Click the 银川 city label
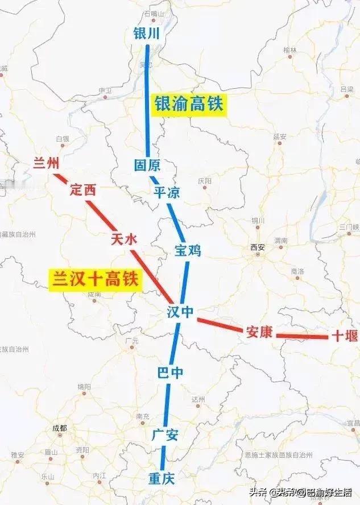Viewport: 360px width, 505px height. pyautogui.click(x=146, y=34)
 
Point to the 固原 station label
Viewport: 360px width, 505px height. pyautogui.click(x=147, y=165)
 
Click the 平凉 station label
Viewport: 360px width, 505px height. pyautogui.click(x=167, y=192)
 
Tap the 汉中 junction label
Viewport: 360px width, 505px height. pyautogui.click(x=180, y=311)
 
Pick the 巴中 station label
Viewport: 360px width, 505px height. pyautogui.click(x=170, y=372)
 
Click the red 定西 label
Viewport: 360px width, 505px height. pyautogui.click(x=82, y=191)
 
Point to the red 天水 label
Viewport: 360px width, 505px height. pyautogui.click(x=124, y=239)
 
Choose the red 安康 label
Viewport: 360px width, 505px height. pyautogui.click(x=259, y=333)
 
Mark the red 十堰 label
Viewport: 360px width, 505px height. pyautogui.click(x=345, y=336)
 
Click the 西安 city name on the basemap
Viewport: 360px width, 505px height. pyautogui.click(x=258, y=247)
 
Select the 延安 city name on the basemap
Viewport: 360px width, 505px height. pyautogui.click(x=279, y=136)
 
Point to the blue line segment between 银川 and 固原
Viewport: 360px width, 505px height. pyautogui.click(x=147, y=102)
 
